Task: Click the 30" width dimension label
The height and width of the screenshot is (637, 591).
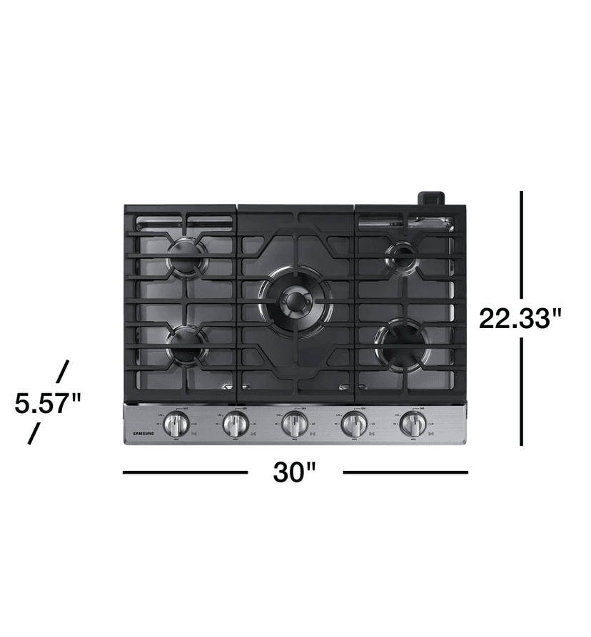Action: coord(294,472)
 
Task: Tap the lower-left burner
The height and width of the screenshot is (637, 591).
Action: coord(187,342)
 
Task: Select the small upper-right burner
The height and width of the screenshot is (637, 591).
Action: coord(403,255)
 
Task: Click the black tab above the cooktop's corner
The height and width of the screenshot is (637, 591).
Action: coord(432,198)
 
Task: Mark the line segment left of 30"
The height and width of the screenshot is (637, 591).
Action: coord(185,472)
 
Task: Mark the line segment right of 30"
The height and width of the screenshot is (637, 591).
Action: coord(405,472)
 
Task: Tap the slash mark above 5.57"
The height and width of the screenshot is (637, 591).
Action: coord(63,371)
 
